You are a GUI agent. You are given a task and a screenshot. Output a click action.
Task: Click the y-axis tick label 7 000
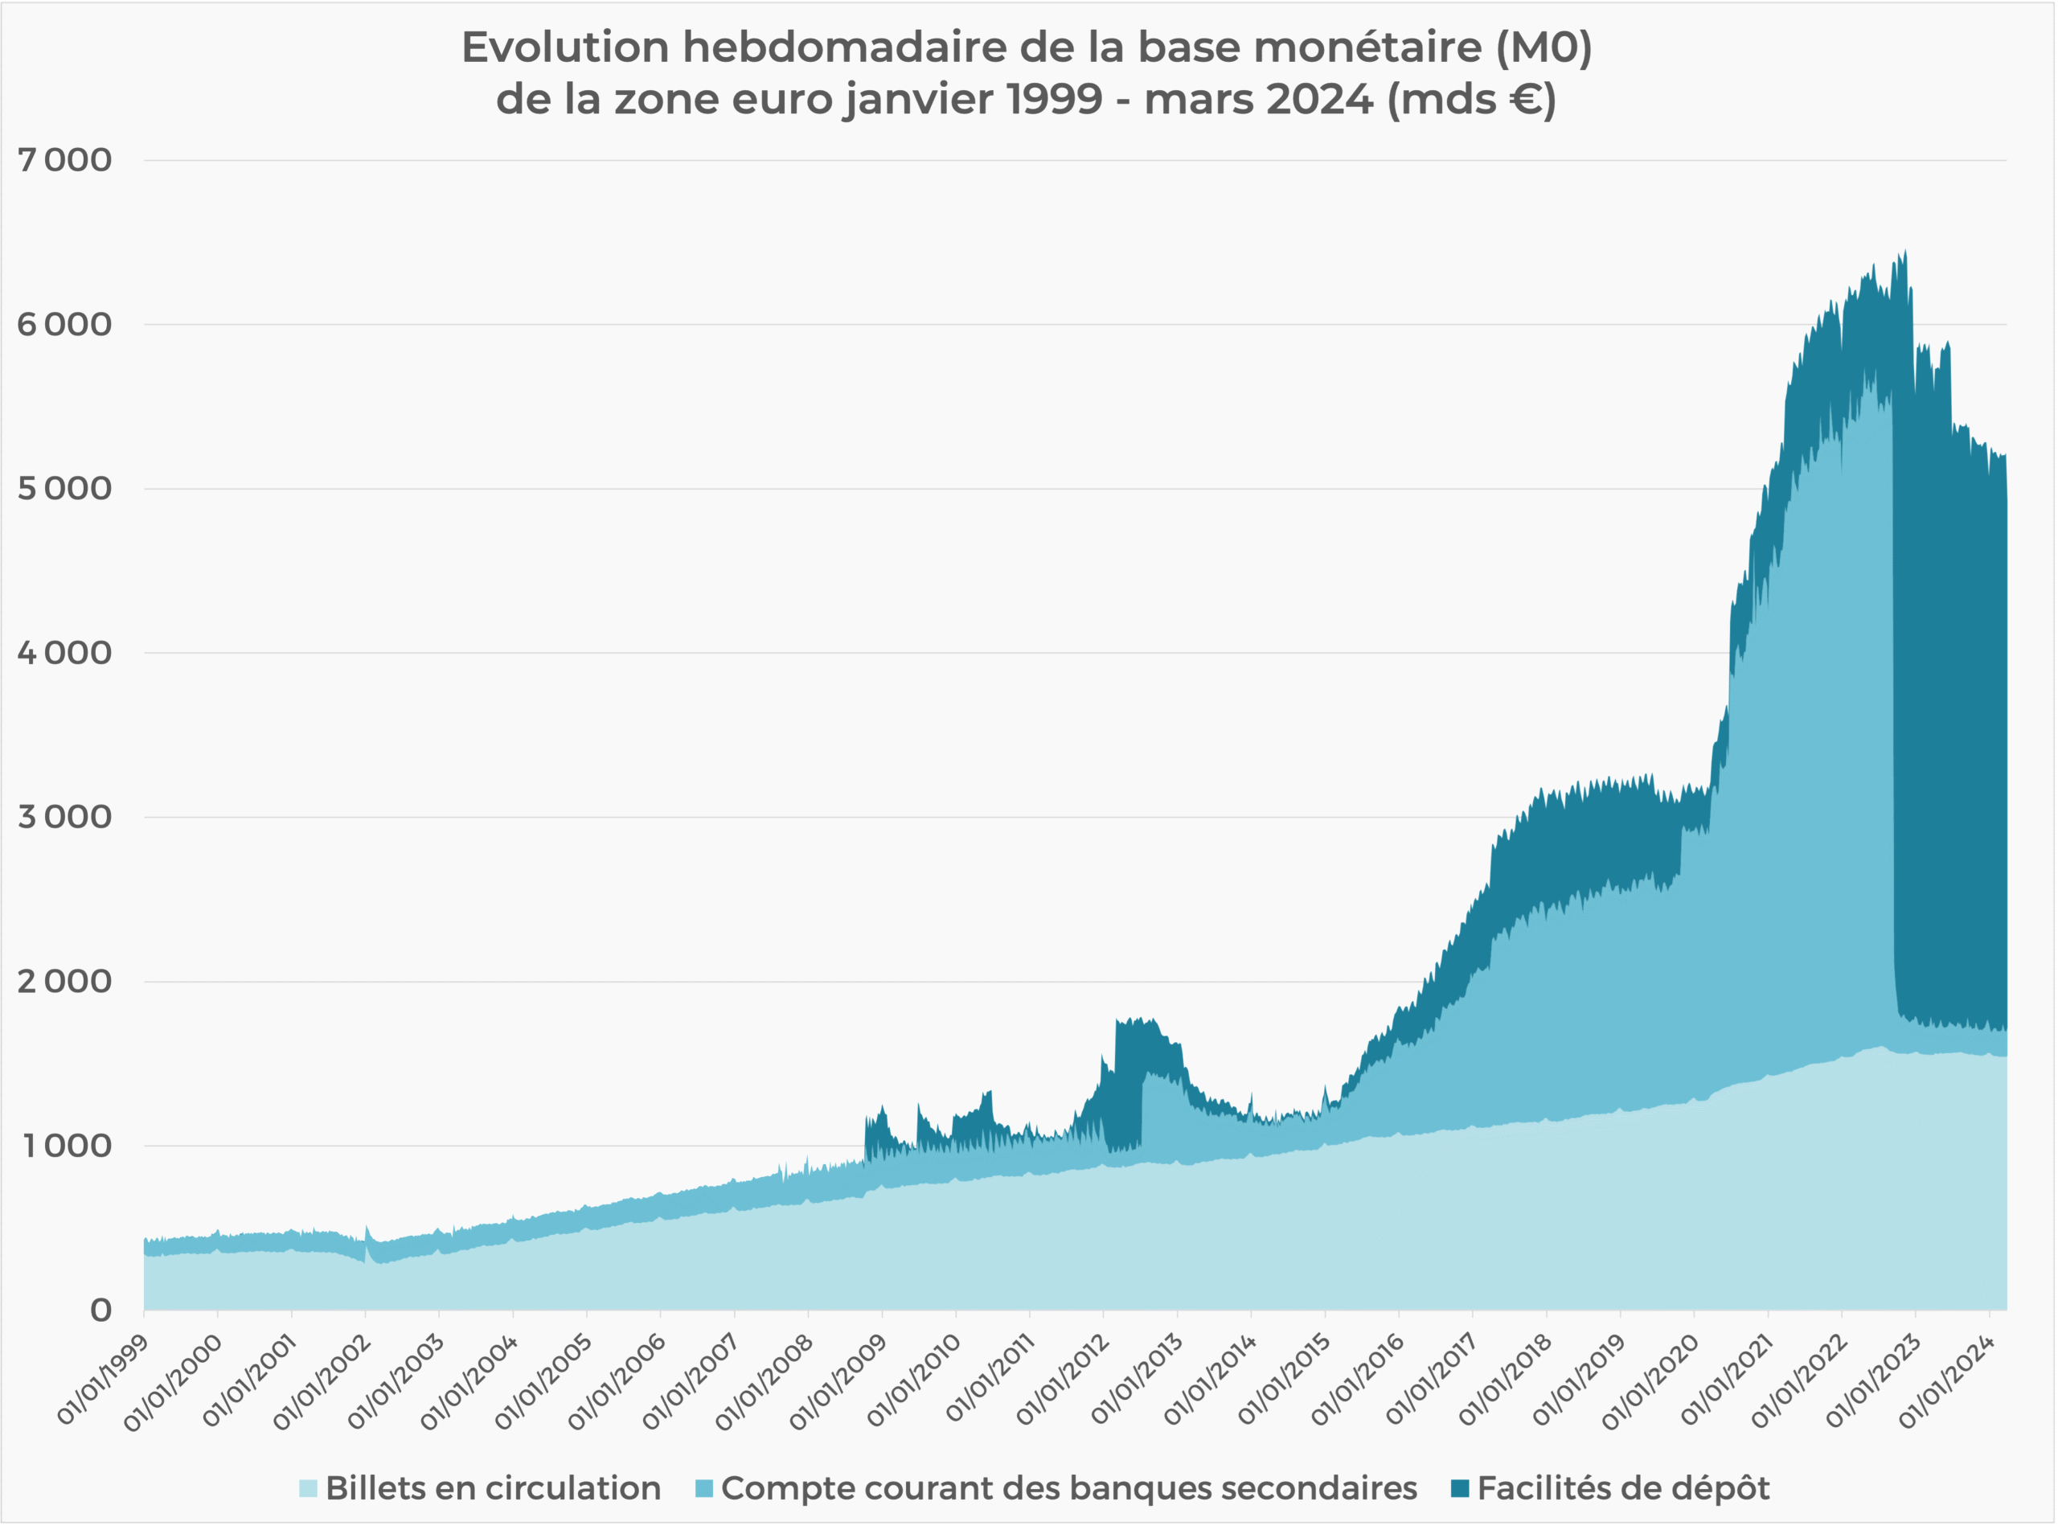pos(64,160)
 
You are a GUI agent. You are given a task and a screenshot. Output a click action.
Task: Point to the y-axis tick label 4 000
pos(64,653)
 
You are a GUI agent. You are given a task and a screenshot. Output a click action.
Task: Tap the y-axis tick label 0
pos(100,1310)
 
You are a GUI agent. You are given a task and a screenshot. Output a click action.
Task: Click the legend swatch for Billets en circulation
pos(309,1488)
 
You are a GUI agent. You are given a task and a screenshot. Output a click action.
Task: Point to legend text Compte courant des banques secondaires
pos(1068,1488)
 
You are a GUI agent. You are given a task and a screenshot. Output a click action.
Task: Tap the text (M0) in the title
pos(1543,47)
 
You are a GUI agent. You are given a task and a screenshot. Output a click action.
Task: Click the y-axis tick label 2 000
pos(64,981)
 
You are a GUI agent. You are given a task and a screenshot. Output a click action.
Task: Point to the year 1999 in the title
pos(1055,99)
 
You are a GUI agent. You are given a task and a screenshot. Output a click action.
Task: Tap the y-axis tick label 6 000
pos(64,324)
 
